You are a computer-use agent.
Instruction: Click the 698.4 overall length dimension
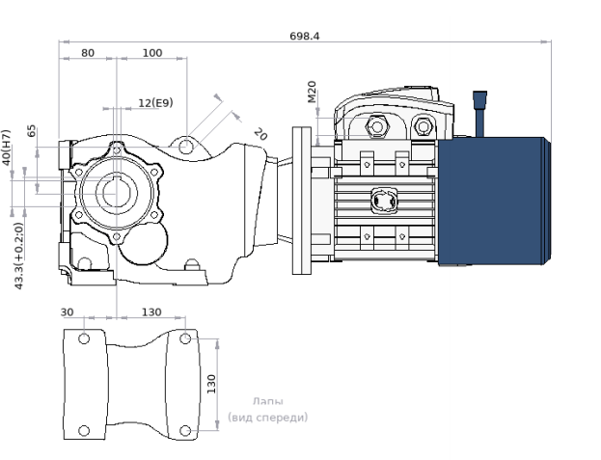click(x=304, y=36)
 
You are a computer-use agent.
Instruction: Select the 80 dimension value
click(x=88, y=53)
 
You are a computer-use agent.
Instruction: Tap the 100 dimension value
click(x=152, y=53)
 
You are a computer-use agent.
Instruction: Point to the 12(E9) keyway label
click(x=155, y=102)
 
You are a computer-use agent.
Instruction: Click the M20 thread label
click(x=312, y=92)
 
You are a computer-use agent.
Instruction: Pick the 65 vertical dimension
click(x=32, y=130)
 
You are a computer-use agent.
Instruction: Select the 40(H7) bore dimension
click(x=7, y=148)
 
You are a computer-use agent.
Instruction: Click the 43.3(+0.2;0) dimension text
click(x=18, y=256)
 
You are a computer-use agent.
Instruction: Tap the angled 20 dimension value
click(x=260, y=134)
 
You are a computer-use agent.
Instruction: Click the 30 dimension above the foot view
click(x=68, y=312)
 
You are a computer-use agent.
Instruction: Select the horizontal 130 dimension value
click(x=151, y=312)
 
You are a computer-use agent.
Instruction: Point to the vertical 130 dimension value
click(x=211, y=384)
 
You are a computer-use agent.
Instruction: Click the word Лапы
click(x=268, y=401)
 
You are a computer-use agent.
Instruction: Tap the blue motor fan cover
click(x=494, y=202)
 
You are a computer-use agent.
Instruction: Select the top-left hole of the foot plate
click(x=84, y=338)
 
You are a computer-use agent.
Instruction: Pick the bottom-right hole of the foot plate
click(x=185, y=430)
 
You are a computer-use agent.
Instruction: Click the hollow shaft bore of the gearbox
click(x=116, y=194)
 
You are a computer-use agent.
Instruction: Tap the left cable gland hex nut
click(x=377, y=126)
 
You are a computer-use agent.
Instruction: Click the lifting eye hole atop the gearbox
click(x=185, y=146)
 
